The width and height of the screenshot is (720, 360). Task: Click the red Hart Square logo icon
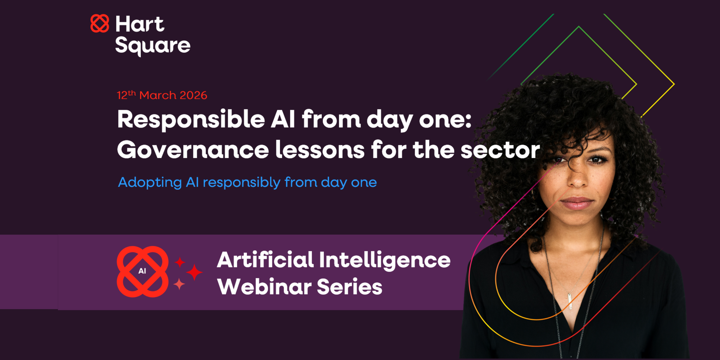[100, 24]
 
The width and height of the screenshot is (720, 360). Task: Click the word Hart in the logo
[140, 24]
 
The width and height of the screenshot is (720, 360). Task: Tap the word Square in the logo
[153, 46]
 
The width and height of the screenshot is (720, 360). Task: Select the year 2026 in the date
[193, 95]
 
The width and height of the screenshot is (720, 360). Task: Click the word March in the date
[158, 95]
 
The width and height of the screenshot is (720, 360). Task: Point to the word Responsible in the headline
[191, 120]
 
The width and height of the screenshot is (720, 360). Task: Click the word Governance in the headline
[193, 150]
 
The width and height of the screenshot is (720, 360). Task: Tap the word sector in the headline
[500, 150]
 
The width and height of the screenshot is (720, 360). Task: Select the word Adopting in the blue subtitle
[150, 182]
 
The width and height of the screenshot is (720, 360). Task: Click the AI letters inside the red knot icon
[142, 271]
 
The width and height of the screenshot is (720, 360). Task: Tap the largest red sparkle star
[194, 272]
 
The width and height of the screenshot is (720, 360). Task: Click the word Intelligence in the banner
[385, 260]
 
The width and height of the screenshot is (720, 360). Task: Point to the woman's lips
[577, 203]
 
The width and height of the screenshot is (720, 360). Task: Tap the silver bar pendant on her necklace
[570, 301]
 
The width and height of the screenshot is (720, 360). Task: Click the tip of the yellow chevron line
[674, 84]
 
